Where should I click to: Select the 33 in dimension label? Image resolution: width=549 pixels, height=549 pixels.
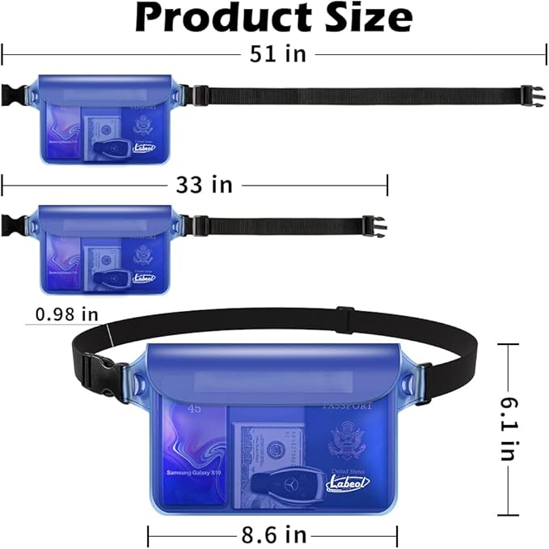click(205, 185)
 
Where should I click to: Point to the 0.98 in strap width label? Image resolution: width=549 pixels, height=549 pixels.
click(67, 313)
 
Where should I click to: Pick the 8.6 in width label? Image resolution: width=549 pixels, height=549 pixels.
click(273, 534)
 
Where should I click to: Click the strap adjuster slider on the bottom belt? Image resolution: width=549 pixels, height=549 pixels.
click(342, 311)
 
